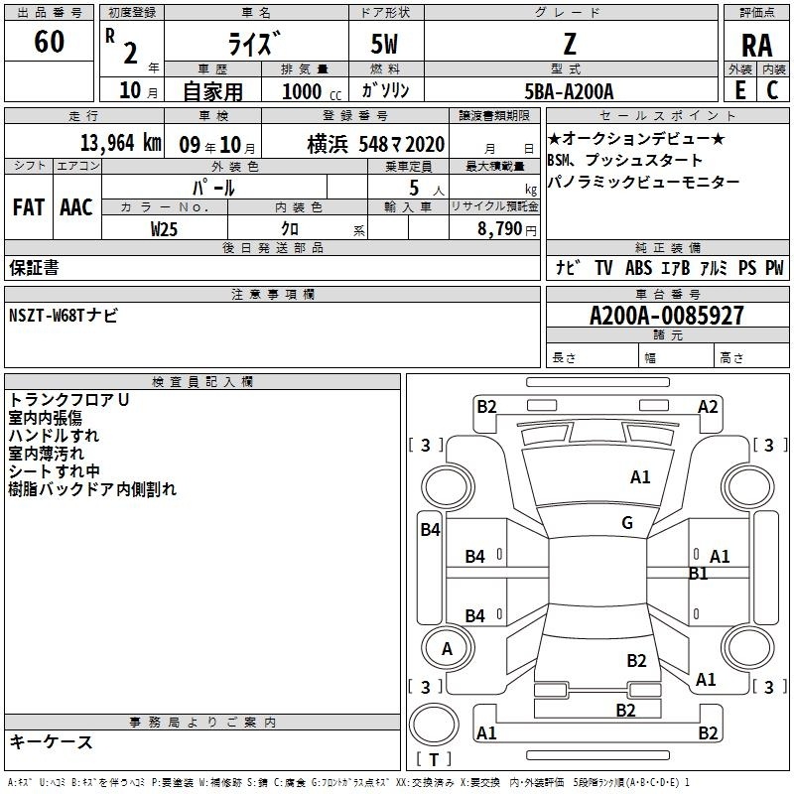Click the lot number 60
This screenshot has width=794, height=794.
pos(49,41)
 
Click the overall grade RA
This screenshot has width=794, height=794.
pos(756,46)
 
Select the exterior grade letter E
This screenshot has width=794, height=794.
pos(739,90)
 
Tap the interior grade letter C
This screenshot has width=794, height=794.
pos(772,90)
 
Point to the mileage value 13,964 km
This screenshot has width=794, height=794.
pos(120,143)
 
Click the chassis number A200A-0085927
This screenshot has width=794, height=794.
pos(667,316)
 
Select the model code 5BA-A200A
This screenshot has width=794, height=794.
pos(569,91)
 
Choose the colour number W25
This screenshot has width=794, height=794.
pos(164,229)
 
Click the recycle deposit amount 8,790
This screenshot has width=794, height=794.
pos(500,228)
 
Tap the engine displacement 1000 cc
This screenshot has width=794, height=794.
pos(312,91)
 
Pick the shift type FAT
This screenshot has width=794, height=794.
pos(29,207)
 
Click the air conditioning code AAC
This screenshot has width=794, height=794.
pos(76,207)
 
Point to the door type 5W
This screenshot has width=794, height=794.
pos(384,44)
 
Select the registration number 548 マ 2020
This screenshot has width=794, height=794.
pos(402,144)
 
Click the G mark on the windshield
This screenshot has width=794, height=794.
pos(627,522)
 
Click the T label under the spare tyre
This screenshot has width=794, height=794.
pos(434,759)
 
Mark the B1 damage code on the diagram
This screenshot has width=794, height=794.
pos(699,574)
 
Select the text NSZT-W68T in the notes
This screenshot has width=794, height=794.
pos(46,315)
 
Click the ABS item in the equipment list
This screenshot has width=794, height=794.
pos(638,267)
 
